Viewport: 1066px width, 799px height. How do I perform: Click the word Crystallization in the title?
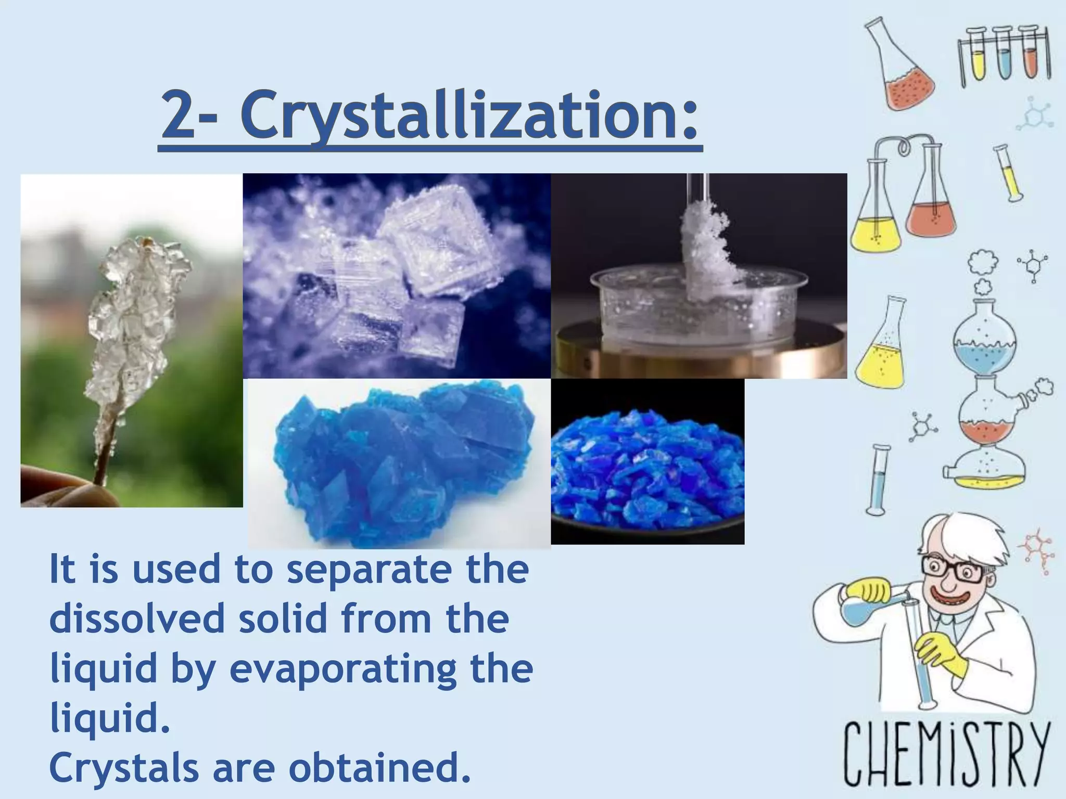click(468, 115)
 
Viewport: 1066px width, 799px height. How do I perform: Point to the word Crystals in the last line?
click(124, 768)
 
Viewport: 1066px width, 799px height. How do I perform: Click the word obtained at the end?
click(379, 768)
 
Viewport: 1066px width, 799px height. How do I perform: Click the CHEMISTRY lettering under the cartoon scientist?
click(946, 754)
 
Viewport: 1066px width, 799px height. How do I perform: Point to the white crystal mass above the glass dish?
click(705, 250)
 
